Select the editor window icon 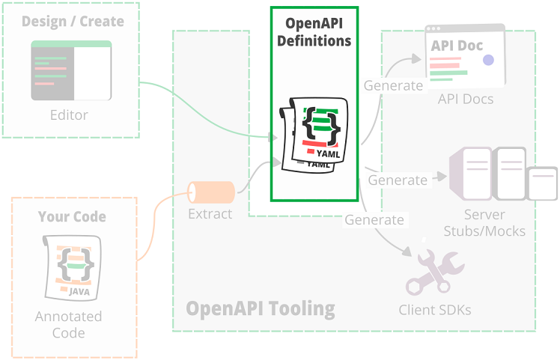click(71, 71)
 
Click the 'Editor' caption click(69, 115)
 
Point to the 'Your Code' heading click(72, 217)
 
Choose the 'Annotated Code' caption click(69, 324)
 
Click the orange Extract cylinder click(210, 192)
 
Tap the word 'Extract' click(210, 214)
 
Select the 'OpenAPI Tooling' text click(261, 308)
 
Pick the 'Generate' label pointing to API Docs click(393, 85)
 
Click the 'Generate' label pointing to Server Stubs click(398, 180)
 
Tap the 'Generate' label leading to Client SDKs click(374, 219)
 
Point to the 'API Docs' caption click(466, 98)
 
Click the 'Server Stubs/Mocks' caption click(484, 223)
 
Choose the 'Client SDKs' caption click(434, 309)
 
